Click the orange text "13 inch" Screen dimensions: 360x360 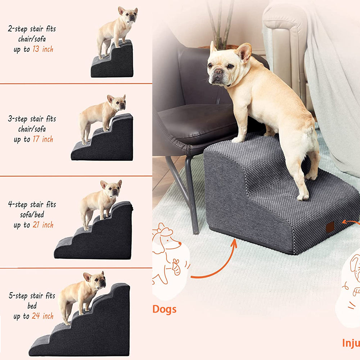tap(43, 49)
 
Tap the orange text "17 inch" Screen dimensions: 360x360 tap(43, 139)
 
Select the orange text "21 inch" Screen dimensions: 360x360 tap(43, 225)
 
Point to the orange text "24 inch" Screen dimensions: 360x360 tap(43, 316)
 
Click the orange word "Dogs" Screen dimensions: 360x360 tap(165, 309)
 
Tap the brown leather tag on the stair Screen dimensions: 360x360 tap(330, 227)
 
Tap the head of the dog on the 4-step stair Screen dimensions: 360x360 tap(112, 188)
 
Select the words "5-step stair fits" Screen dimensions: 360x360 tap(32, 296)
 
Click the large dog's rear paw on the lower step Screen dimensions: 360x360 tap(303, 197)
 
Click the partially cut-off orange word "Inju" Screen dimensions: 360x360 tap(350, 343)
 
